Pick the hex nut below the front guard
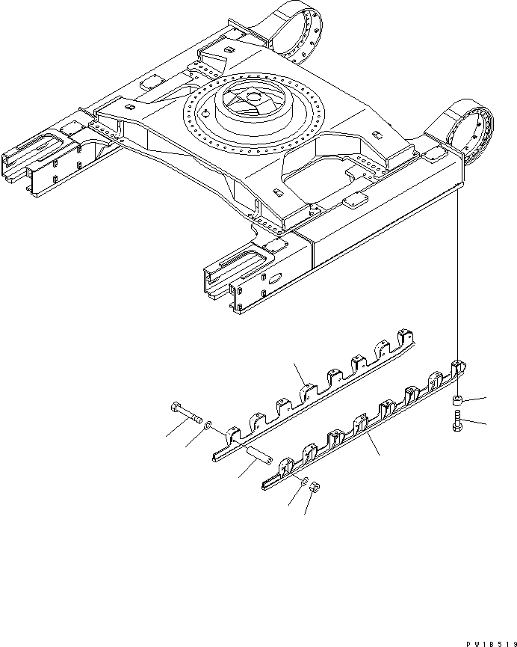coord(315,488)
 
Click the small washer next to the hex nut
coord(303,479)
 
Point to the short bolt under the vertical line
coord(456,423)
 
